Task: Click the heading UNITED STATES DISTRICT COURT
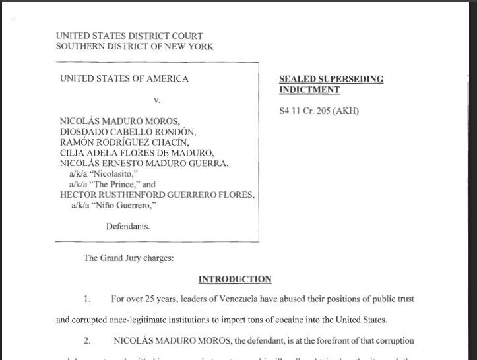pyautogui.click(x=129, y=36)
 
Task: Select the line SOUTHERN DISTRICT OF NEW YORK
pyautogui.click(x=135, y=47)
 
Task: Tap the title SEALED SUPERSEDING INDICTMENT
pyautogui.click(x=331, y=84)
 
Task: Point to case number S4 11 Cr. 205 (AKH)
pyautogui.click(x=319, y=111)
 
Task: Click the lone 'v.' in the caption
pyautogui.click(x=157, y=100)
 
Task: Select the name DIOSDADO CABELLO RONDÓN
pyautogui.click(x=128, y=131)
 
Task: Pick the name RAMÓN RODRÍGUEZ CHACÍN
pyautogui.click(x=124, y=142)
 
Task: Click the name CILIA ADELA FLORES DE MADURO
pyautogui.click(x=137, y=152)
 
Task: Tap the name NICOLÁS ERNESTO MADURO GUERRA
pyautogui.click(x=144, y=163)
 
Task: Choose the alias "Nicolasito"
pyautogui.click(x=108, y=173)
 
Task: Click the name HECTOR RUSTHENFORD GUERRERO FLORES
pyautogui.click(x=156, y=195)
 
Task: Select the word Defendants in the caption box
pyautogui.click(x=128, y=226)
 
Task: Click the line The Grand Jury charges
pyautogui.click(x=129, y=258)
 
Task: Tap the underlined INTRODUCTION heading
pyautogui.click(x=235, y=279)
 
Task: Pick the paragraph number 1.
pyautogui.click(x=86, y=299)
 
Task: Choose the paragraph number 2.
pyautogui.click(x=86, y=341)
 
